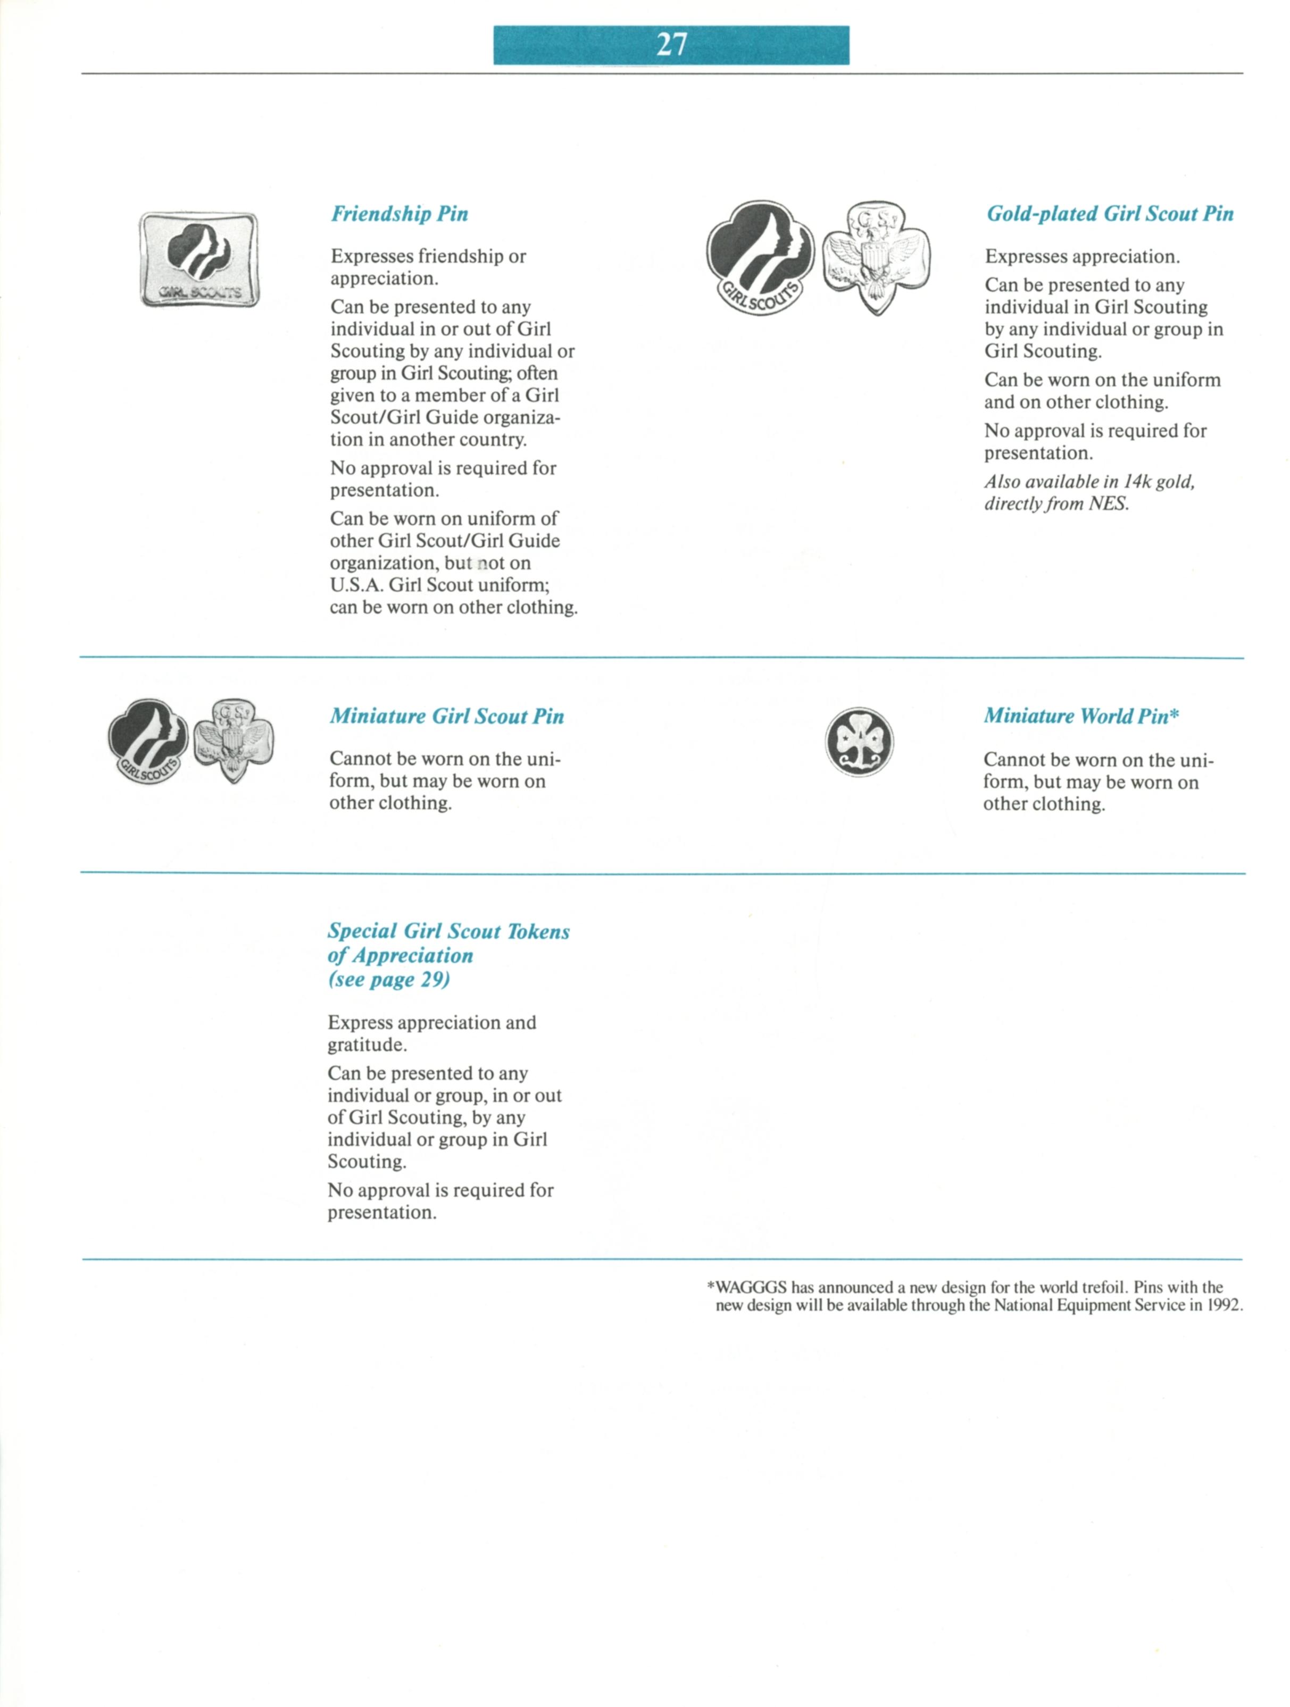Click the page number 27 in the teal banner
coord(671,45)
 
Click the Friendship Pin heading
coord(399,214)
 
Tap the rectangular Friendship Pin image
coord(199,259)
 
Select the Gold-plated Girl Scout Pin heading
coord(1109,214)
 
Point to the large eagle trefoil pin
coord(876,256)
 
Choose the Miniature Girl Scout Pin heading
coord(446,716)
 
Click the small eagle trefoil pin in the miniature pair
coord(233,740)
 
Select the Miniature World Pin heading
coord(1076,716)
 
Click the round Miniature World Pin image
coord(859,742)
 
